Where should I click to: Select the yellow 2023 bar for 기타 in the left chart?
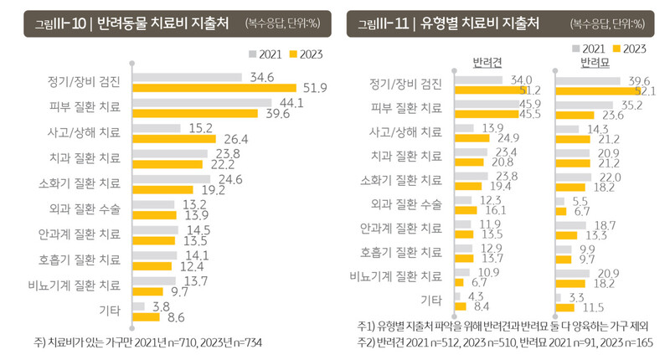click(x=146, y=317)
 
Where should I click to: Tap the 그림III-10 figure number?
click(x=57, y=23)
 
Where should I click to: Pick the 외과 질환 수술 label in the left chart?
click(x=84, y=204)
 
